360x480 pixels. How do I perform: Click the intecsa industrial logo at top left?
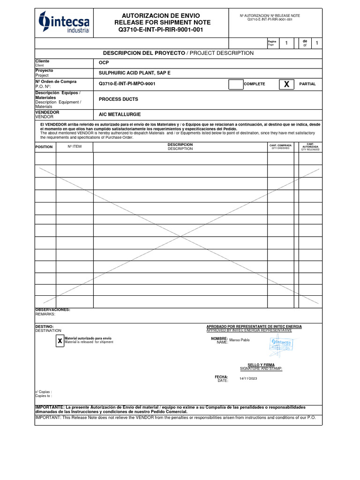[64, 22]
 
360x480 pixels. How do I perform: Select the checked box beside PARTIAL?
[286, 84]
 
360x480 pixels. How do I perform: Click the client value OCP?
[104, 63]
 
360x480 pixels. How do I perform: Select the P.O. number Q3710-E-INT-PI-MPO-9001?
[127, 84]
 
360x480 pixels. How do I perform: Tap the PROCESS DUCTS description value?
[118, 99]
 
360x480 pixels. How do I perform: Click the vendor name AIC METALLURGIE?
[120, 114]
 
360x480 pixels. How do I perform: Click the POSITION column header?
[44, 147]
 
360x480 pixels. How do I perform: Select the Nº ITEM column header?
[75, 146]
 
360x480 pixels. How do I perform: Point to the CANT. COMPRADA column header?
[280, 146]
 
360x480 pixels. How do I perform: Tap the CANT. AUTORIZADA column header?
[310, 147]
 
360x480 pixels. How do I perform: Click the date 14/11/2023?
[248, 379]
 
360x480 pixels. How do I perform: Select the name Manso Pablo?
[240, 340]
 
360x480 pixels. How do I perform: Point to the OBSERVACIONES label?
[53, 310]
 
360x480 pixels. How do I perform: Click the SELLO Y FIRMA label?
[261, 364]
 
